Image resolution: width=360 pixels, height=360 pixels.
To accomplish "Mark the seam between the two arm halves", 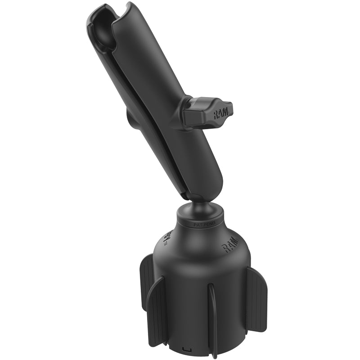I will point(148,112).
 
